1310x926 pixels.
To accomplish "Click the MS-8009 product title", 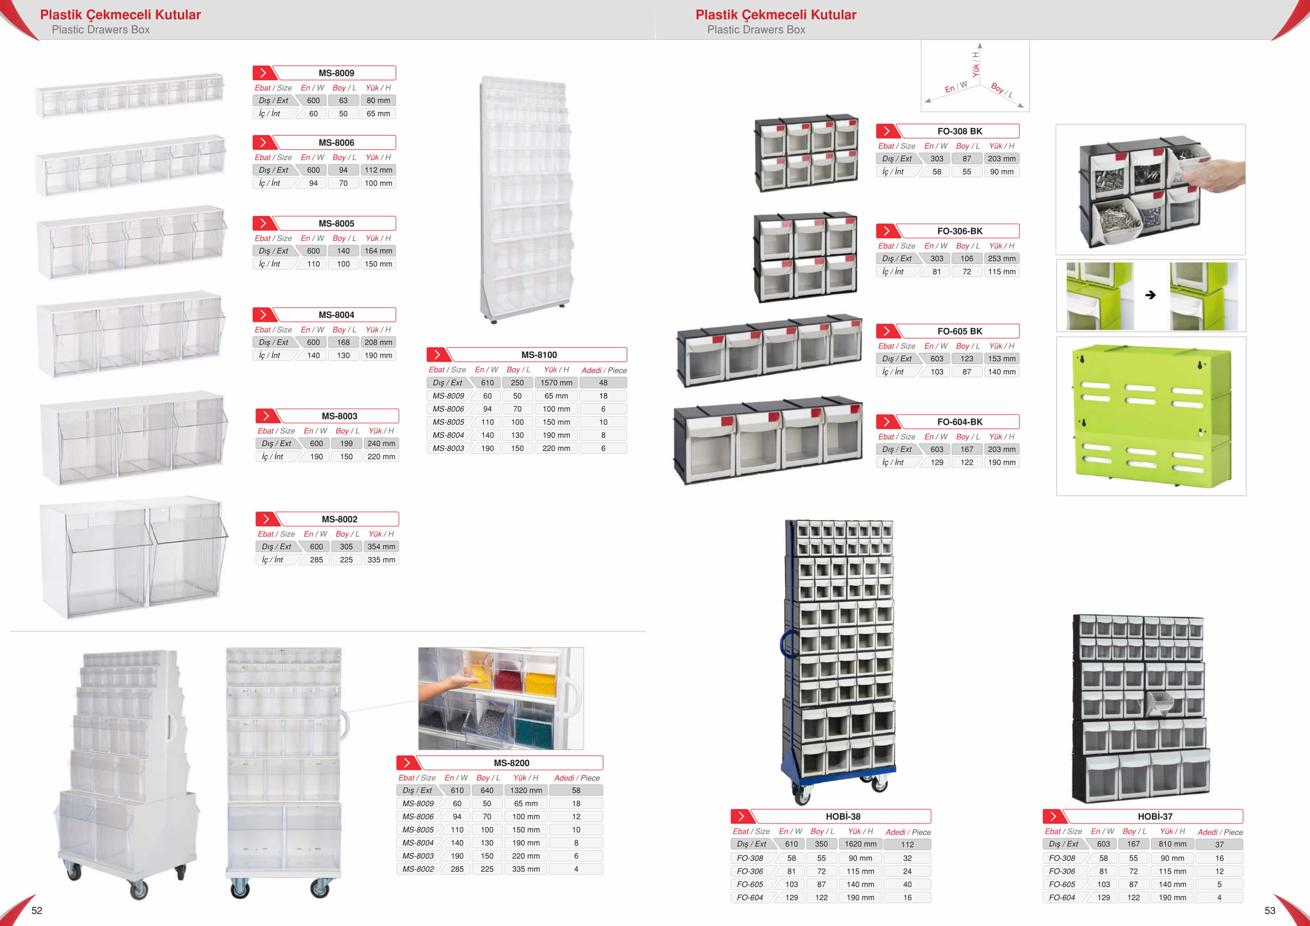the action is point(336,73).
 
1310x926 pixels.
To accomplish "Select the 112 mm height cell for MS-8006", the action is point(378,170).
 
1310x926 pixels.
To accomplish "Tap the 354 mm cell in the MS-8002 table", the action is point(381,547).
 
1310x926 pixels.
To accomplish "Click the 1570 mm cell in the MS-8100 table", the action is point(556,383).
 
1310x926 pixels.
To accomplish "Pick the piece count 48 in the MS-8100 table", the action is point(603,383).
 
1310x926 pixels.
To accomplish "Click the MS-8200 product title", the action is point(511,763).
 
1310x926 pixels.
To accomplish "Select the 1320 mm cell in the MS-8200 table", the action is point(526,790).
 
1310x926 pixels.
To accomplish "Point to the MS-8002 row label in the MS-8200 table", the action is point(418,869).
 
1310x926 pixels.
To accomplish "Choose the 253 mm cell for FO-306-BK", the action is point(1002,259).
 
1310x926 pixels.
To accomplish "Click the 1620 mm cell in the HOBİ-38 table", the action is point(861,844).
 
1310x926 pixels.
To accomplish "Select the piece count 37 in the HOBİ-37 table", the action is point(1219,844).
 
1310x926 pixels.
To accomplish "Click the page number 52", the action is point(36,911).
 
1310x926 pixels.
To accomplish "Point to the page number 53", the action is point(1270,911).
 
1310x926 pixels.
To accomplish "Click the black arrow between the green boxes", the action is point(1150,295).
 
